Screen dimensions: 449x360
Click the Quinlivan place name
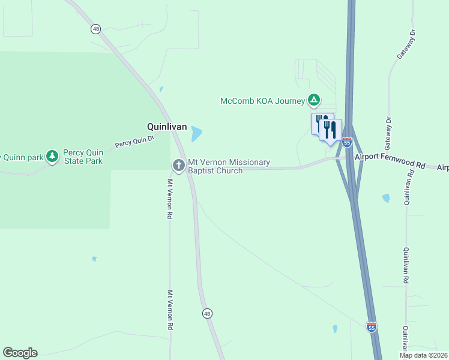click(167, 127)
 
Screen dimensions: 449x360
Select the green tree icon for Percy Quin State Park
click(52, 156)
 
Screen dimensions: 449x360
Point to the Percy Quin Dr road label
click(134, 142)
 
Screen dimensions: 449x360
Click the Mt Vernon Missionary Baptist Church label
click(229, 166)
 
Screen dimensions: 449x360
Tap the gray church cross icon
click(178, 165)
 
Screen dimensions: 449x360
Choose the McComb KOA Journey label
click(263, 101)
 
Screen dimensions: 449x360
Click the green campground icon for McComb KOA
click(313, 100)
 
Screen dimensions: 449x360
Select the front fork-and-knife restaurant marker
click(330, 130)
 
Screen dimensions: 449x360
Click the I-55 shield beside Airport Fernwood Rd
click(347, 142)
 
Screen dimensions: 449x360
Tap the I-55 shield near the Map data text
click(372, 327)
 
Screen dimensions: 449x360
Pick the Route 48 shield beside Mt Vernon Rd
click(206, 313)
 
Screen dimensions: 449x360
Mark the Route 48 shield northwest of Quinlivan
click(95, 29)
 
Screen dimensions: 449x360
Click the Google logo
click(20, 353)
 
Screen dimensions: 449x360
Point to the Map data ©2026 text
click(424, 355)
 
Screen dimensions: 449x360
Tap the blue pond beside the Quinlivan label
click(196, 134)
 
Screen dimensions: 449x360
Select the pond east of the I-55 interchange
click(386, 197)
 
